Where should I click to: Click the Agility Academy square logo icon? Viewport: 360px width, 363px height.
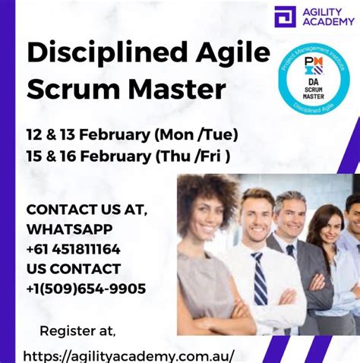(x=285, y=16)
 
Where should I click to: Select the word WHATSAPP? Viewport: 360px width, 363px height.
(x=69, y=229)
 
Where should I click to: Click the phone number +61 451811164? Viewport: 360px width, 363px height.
(x=73, y=248)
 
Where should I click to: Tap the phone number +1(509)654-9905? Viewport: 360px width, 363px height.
(x=86, y=289)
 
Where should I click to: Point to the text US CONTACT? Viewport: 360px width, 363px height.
(x=73, y=268)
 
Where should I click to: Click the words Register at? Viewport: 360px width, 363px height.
(x=77, y=330)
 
